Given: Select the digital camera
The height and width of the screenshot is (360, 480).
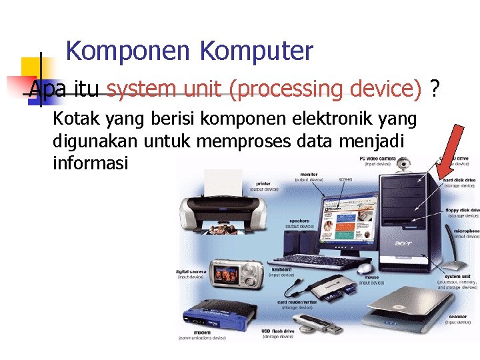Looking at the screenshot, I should tap(234, 273).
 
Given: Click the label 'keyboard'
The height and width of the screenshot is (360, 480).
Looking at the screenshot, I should tap(281, 270).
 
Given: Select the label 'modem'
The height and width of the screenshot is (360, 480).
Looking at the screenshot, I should tap(201, 332).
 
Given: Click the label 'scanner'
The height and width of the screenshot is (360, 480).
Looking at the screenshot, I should tap(458, 317).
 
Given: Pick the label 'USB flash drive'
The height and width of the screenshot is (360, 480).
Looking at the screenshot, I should tap(277, 331).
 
